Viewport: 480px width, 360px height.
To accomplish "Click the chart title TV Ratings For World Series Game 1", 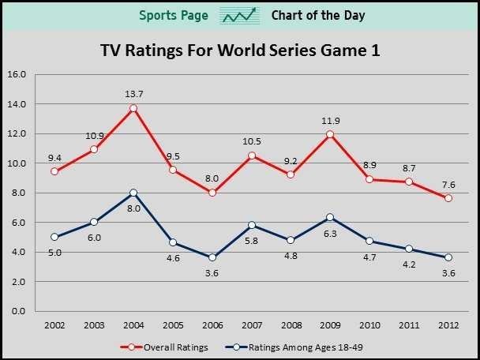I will (240, 51).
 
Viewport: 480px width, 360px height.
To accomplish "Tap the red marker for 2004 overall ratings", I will (133, 108).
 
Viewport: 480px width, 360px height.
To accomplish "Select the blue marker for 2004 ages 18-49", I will (133, 193).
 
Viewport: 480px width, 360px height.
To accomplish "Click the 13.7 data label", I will (133, 94).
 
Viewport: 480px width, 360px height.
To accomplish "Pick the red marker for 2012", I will (448, 198).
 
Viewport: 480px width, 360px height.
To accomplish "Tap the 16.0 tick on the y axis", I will (17, 74).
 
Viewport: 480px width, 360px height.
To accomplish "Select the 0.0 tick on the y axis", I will (17, 311).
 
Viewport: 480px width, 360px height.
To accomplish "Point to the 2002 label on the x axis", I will (54, 324).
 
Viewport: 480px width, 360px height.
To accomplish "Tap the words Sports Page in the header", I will (174, 16).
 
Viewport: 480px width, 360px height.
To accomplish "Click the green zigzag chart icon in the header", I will (239, 16).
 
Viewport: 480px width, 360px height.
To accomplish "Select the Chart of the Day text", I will (318, 16).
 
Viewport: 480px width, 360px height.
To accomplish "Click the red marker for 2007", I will (252, 156).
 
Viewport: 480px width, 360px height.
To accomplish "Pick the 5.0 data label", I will (54, 253).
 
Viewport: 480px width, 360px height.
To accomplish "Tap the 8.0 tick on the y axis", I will (17, 193).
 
